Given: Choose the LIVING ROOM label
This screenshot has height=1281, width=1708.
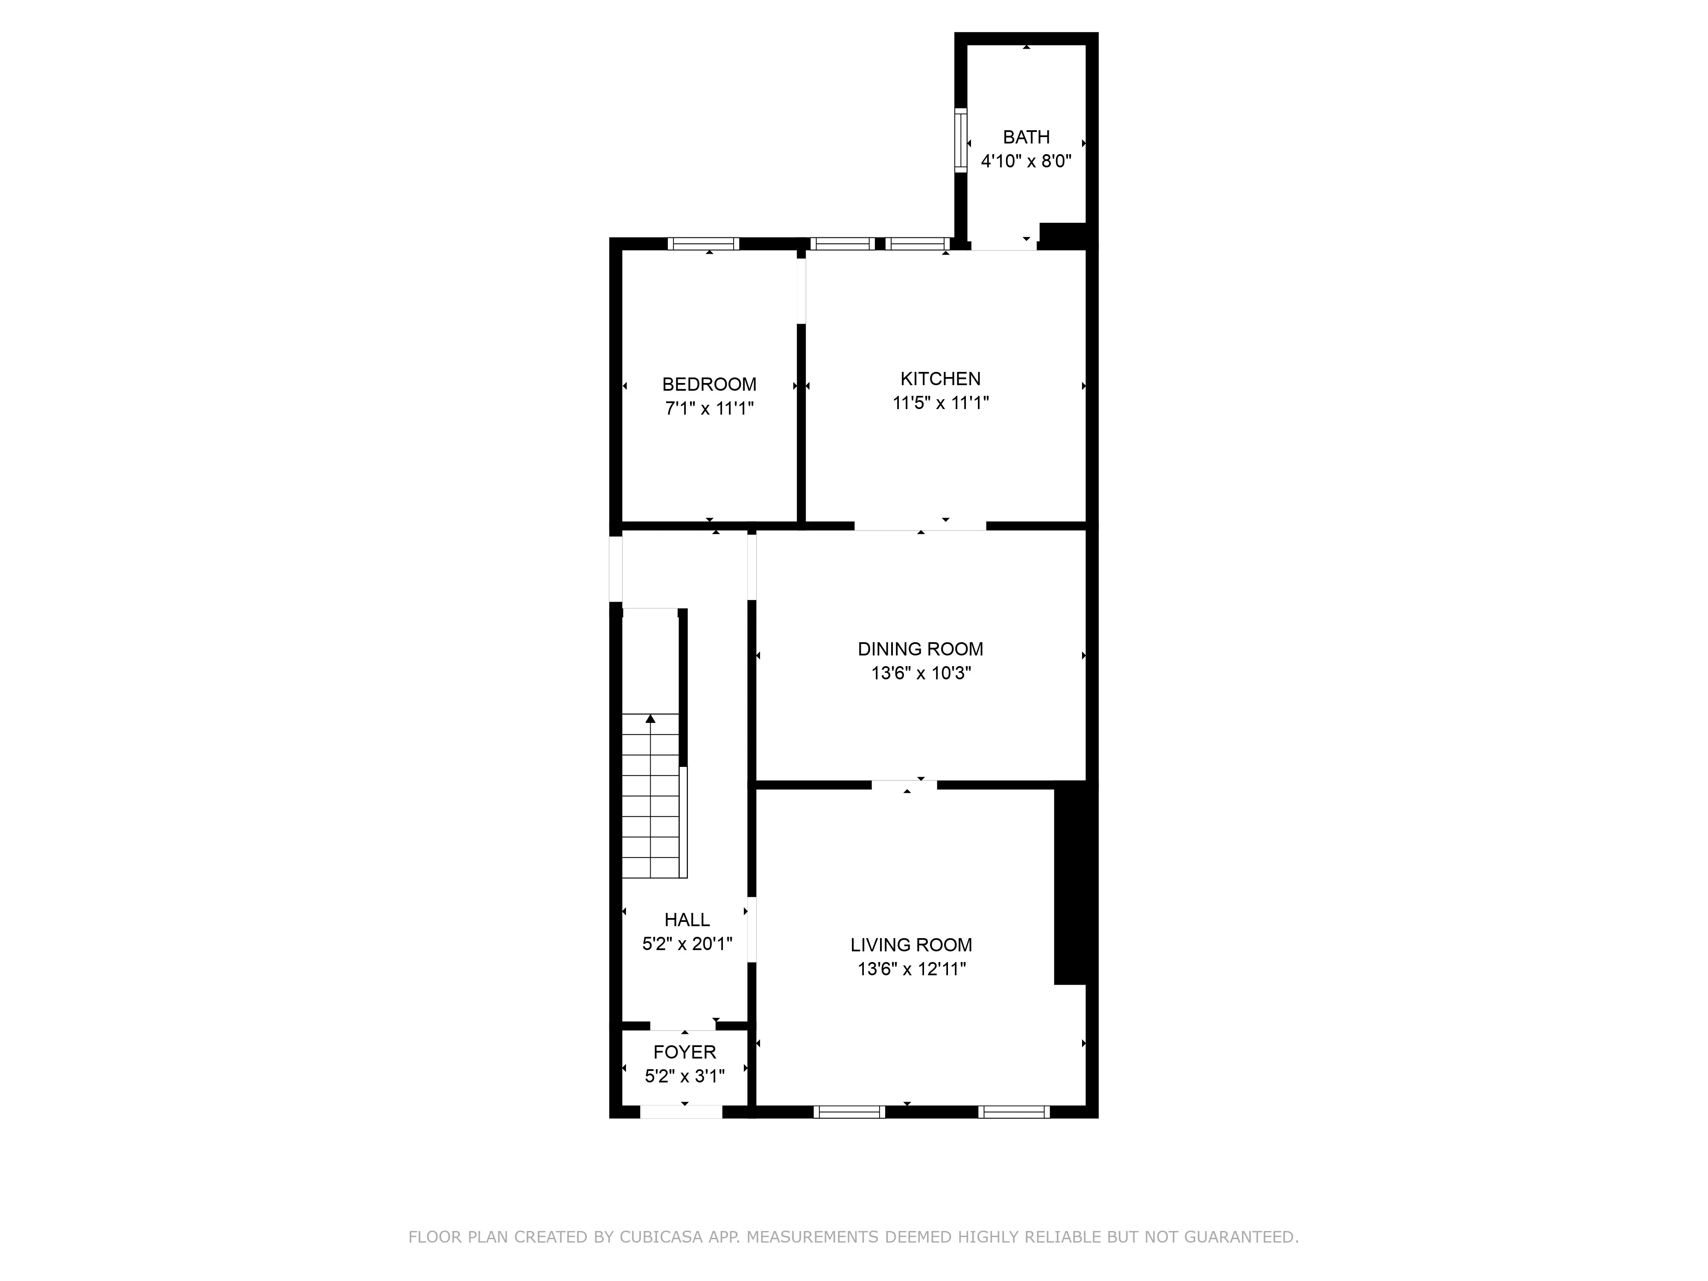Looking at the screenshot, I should (x=911, y=945).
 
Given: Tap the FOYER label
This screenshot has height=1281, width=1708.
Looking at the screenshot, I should (x=684, y=1052).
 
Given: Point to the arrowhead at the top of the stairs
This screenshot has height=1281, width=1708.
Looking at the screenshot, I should (x=650, y=719).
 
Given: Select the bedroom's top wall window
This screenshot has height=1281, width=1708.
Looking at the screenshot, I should (x=703, y=244).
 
